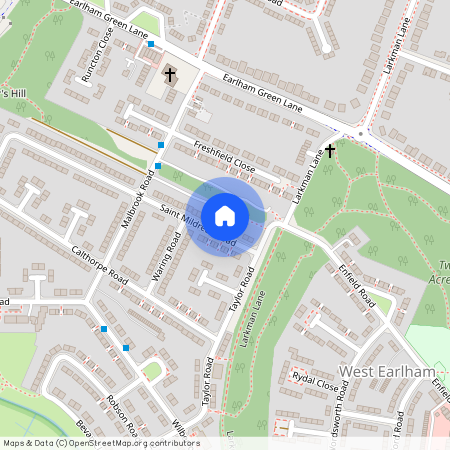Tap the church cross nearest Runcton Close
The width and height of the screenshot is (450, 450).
coord(170,74)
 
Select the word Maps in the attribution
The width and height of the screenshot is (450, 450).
coord(14,443)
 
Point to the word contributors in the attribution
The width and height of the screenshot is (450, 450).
coord(176,443)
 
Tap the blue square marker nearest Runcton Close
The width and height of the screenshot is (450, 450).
coord(150,44)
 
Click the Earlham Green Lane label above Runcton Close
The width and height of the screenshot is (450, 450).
coord(109,18)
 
